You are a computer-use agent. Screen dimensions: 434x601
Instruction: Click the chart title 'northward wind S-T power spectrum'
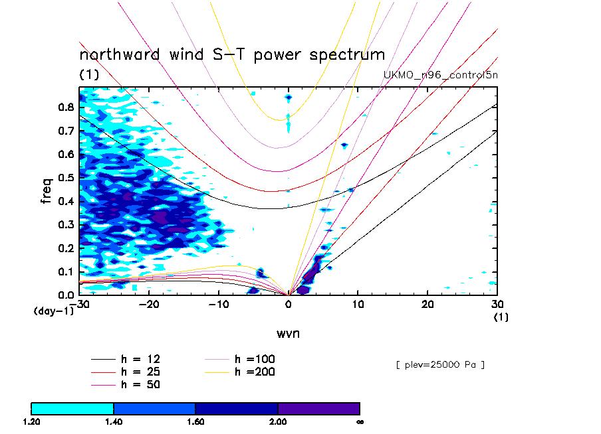pyautogui.click(x=232, y=54)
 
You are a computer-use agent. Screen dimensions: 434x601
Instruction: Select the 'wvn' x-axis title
pyautogui.click(x=288, y=333)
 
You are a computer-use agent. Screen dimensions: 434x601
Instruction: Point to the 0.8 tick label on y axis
pyautogui.click(x=65, y=107)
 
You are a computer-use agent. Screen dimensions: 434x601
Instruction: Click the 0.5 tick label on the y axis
pyautogui.click(x=65, y=177)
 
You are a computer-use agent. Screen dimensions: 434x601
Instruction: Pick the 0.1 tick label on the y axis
pyautogui.click(x=65, y=271)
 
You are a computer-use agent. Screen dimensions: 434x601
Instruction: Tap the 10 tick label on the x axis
pyautogui.click(x=358, y=303)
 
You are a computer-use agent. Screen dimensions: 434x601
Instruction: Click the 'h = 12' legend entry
pyautogui.click(x=140, y=359)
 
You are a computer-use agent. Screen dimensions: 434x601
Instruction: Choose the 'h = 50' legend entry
pyautogui.click(x=140, y=384)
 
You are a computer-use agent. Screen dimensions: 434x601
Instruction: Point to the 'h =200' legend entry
pyautogui.click(x=255, y=372)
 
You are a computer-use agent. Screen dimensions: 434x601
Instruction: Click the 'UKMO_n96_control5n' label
pyautogui.click(x=440, y=74)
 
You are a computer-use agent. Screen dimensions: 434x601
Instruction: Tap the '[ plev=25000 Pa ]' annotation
pyautogui.click(x=439, y=364)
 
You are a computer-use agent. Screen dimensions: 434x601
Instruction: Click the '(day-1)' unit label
pyautogui.click(x=54, y=311)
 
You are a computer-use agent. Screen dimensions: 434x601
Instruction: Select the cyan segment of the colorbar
pyautogui.click(x=72, y=408)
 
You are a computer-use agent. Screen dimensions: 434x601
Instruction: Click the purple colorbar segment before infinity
pyautogui.click(x=318, y=408)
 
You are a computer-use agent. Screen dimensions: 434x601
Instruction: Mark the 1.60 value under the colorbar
pyautogui.click(x=195, y=421)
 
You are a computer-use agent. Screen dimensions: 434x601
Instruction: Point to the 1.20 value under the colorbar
pyautogui.click(x=31, y=421)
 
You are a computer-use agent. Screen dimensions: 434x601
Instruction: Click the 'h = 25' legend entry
pyautogui.click(x=140, y=372)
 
